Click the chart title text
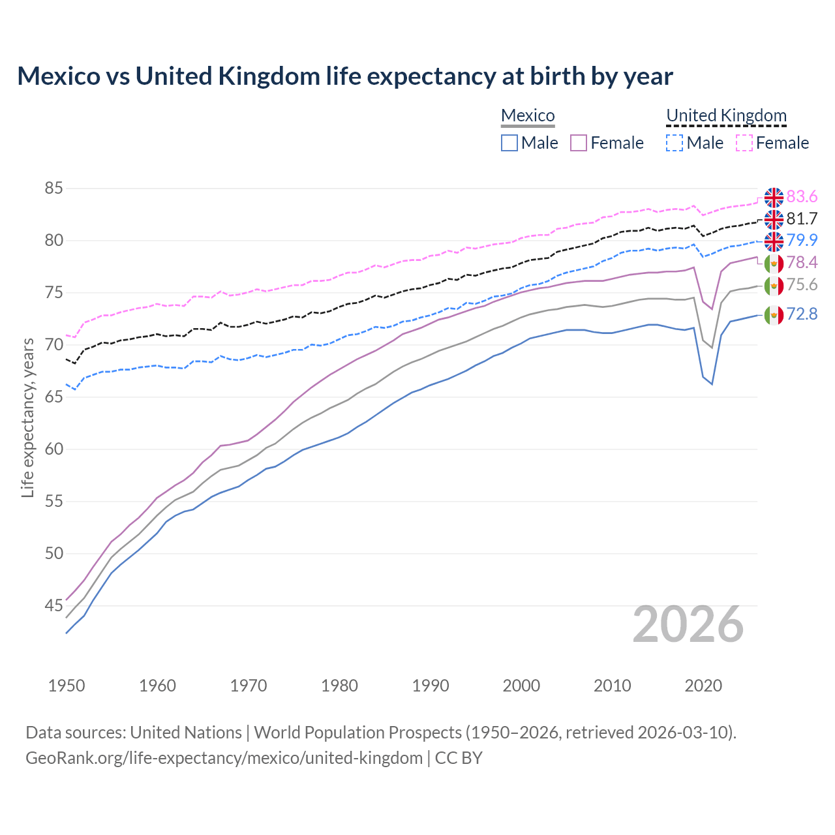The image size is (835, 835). (x=344, y=76)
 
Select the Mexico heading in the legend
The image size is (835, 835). (x=528, y=115)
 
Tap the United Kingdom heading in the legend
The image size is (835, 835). (x=726, y=115)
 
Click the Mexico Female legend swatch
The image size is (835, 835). (x=579, y=143)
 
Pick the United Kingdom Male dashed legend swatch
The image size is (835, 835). (x=675, y=143)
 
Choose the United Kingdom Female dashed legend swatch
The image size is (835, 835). (x=744, y=143)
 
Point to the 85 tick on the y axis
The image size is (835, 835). (x=53, y=189)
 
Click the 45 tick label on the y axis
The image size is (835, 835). (x=53, y=606)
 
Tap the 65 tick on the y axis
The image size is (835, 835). (x=53, y=397)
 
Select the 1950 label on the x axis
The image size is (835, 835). (x=67, y=686)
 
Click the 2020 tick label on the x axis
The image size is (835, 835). (x=703, y=686)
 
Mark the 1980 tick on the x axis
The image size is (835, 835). (x=339, y=686)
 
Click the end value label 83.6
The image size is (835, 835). (x=802, y=197)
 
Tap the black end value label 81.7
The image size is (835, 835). (x=802, y=219)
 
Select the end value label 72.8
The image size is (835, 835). (x=802, y=314)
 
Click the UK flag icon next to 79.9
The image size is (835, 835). (x=774, y=241)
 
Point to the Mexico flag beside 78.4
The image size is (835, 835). (x=774, y=263)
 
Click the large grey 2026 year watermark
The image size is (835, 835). (x=688, y=624)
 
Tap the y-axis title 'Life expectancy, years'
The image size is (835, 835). (x=27, y=417)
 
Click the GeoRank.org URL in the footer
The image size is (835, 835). (x=224, y=758)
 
